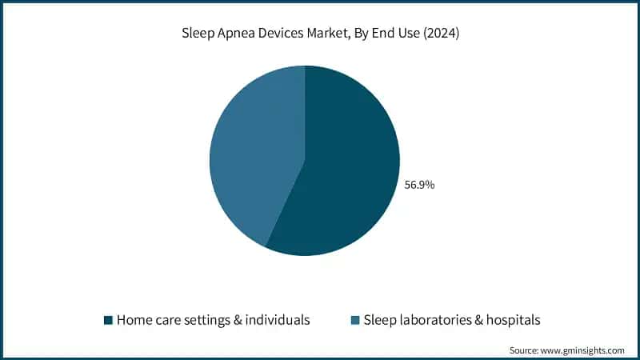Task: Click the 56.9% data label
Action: pos(420,184)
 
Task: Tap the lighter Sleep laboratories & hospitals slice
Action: pos(252,152)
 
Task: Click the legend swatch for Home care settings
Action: pos(108,320)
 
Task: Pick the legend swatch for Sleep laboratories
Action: pos(355,320)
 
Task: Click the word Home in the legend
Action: pos(134,320)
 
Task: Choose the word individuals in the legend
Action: pos(278,320)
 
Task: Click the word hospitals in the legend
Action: pos(514,320)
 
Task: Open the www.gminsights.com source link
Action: pos(584,350)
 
